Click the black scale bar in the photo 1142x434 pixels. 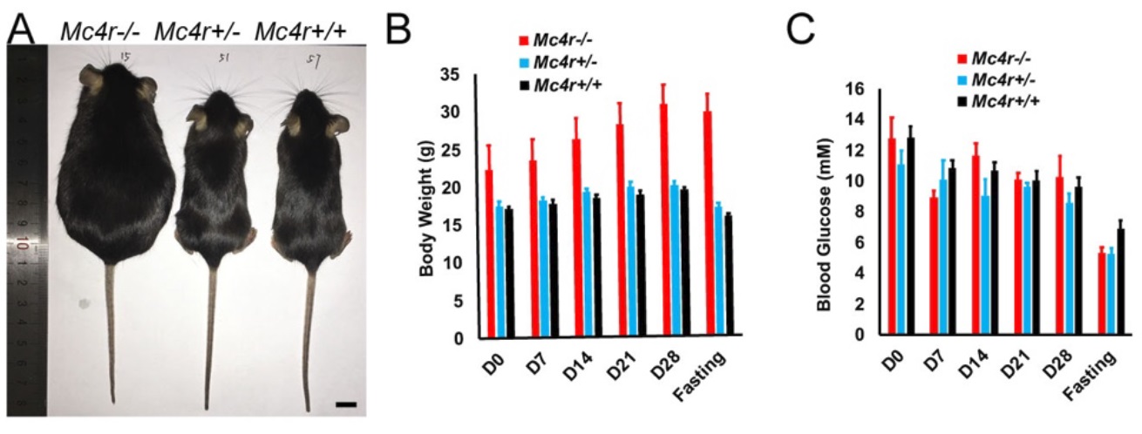tap(346, 403)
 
